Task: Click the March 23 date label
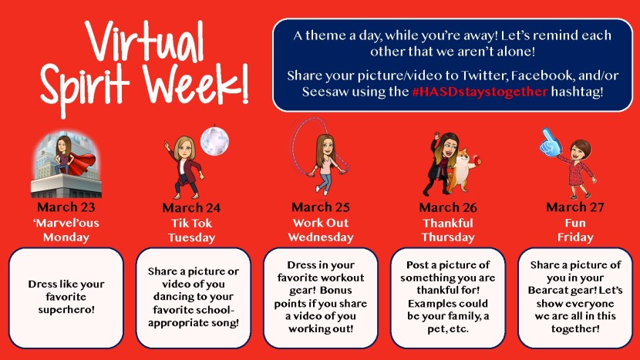click(66, 207)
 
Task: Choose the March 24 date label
click(193, 207)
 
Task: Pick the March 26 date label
click(448, 207)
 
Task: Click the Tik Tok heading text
click(193, 222)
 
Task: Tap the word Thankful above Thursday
click(448, 222)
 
